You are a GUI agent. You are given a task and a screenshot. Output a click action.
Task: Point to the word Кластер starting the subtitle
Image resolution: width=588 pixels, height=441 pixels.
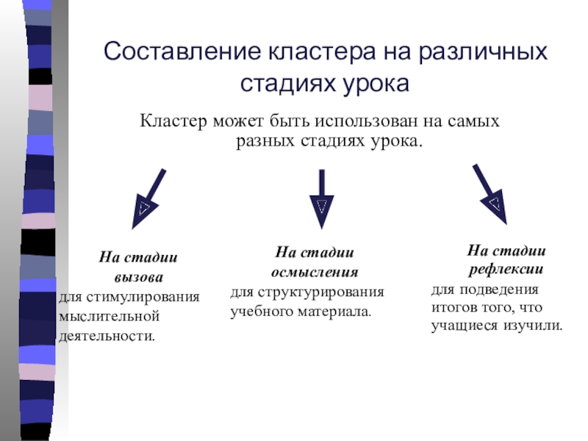coord(173,120)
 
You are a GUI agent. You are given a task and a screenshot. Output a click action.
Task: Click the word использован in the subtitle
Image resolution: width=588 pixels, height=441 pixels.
coord(367,120)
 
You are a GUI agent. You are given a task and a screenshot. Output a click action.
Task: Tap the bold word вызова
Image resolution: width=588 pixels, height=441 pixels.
coord(139,279)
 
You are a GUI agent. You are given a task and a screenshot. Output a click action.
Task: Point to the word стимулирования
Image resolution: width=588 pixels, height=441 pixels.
coord(145,298)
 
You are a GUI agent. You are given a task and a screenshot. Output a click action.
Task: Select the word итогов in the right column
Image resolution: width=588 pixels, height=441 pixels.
coord(451,306)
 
